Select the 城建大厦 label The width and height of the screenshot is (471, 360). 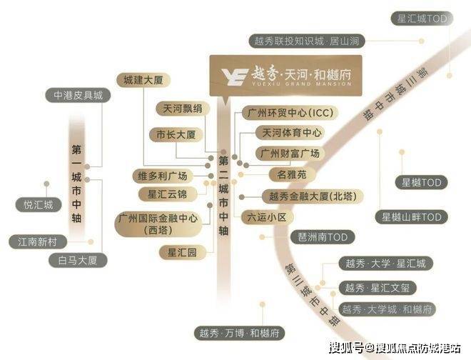[x=143, y=79]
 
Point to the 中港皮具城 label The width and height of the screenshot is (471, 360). [x=78, y=95]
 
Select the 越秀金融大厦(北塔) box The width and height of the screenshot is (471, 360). [x=311, y=196]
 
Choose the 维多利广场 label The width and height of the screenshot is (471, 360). [x=163, y=176]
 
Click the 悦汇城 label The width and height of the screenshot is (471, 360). [x=34, y=205]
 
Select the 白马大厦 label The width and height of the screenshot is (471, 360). [x=78, y=260]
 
